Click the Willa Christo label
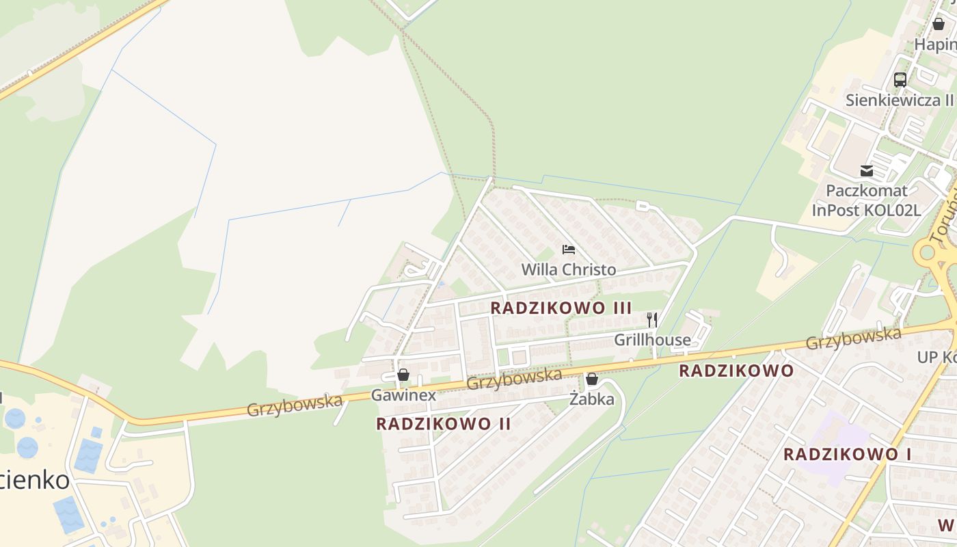point(568,269)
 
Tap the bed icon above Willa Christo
point(568,250)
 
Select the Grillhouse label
point(652,339)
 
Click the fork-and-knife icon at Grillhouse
point(652,319)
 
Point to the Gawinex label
point(403,395)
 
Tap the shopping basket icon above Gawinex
point(403,375)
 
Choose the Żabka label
point(592,399)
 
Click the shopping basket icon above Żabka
point(592,378)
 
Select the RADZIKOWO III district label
point(561,308)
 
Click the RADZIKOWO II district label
point(444,424)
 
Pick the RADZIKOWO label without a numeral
point(736,371)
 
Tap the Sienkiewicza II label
point(900,100)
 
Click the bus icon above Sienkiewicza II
point(900,79)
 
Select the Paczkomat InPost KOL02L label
point(866,200)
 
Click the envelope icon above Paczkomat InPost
point(866,171)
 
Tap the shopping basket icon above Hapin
point(938,24)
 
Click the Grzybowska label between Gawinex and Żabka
point(514,379)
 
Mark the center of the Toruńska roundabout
point(926,252)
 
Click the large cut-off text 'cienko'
point(34,479)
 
